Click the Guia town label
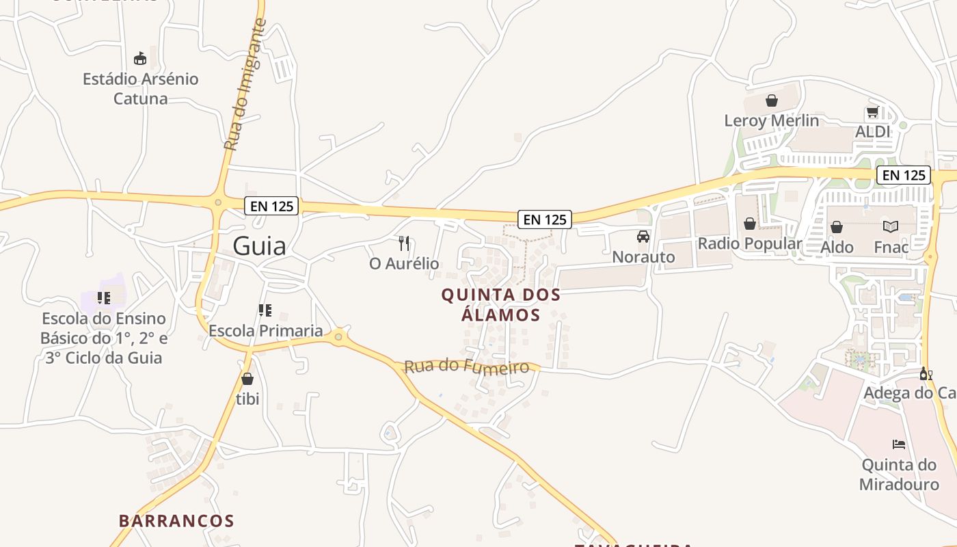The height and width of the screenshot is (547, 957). coord(259,245)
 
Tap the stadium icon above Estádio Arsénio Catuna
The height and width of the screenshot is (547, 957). coord(140,58)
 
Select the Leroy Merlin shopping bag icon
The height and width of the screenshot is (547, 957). coord(772,101)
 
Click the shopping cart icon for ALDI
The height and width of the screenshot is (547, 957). coord(872,111)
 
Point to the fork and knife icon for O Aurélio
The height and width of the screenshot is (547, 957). coord(404,243)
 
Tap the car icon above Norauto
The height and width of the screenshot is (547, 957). coord(643,237)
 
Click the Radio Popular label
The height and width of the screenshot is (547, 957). coord(750,243)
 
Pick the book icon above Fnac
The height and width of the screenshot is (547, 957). coord(891,226)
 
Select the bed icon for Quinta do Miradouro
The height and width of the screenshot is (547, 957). coord(899,444)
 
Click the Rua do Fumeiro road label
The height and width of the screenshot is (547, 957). coord(467,366)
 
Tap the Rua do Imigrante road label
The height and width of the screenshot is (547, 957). coord(244,85)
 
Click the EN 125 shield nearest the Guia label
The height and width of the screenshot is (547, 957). coord(271,205)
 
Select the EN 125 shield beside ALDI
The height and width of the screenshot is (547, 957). coord(904,175)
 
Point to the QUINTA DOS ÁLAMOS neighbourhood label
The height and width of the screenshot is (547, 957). coord(501,305)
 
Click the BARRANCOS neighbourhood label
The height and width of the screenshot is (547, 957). coord(176,521)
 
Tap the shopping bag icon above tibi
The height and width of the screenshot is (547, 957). coord(247,378)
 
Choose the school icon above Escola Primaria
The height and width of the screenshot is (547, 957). coord(265,310)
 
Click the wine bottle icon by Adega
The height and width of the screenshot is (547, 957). coord(926,373)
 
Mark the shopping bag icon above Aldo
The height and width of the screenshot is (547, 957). coord(836,227)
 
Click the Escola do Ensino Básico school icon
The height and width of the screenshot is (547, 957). coord(104,297)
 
